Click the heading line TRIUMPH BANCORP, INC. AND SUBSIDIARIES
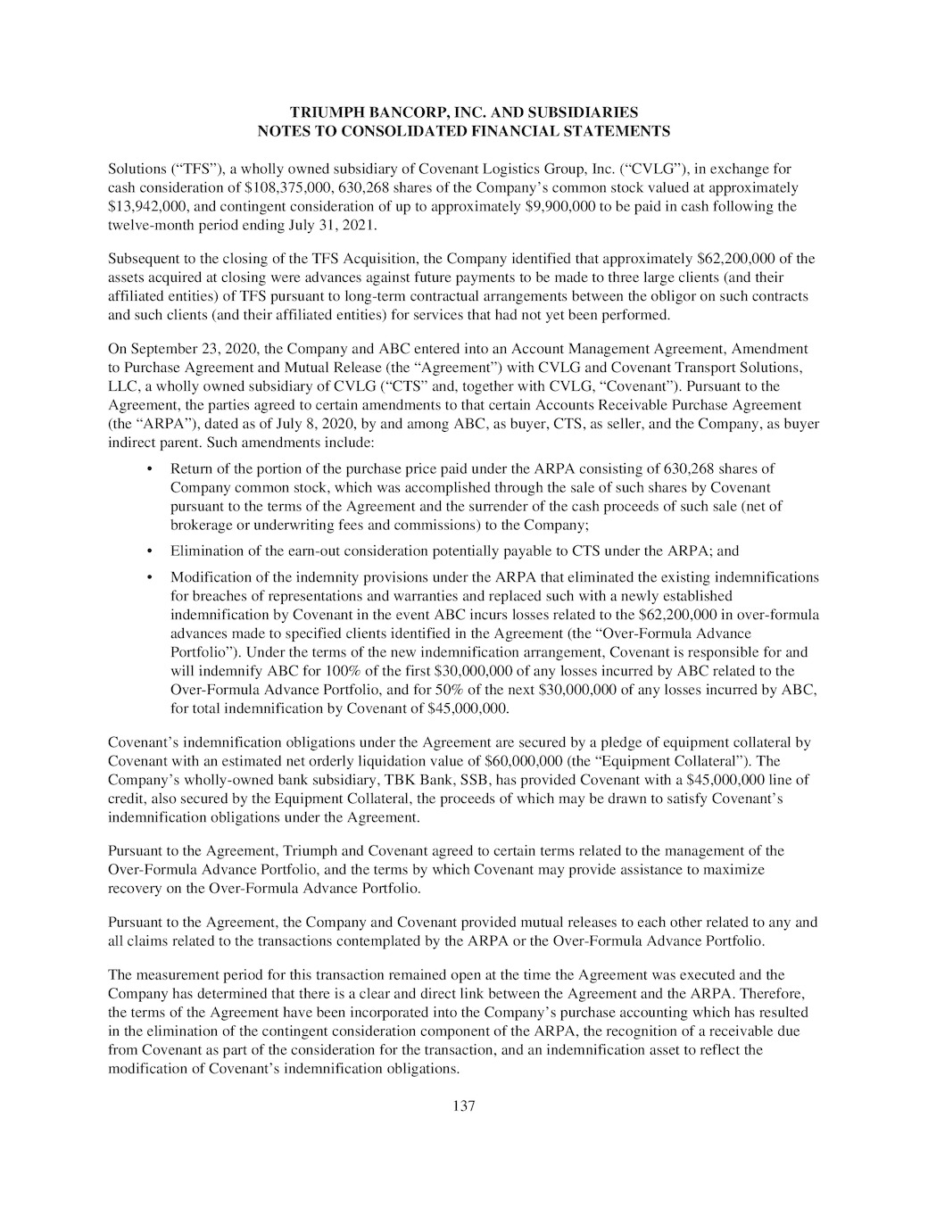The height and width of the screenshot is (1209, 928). point(464,112)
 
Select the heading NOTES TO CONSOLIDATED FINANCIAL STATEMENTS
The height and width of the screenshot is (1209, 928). point(464,131)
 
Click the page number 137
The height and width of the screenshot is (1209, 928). point(464,1106)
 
